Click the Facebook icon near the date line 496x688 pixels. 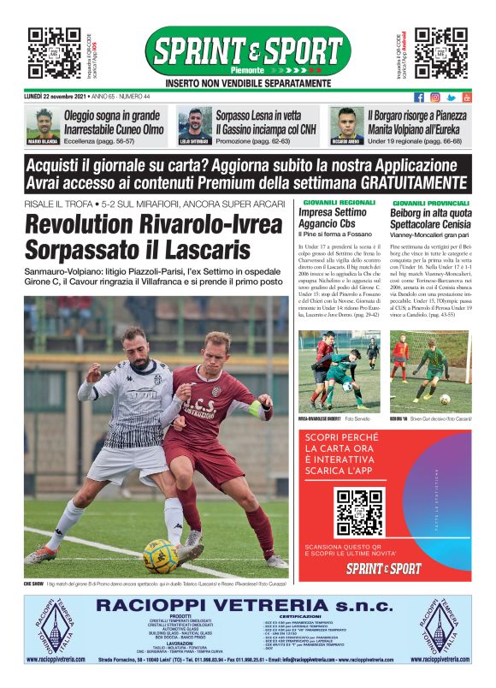point(419,98)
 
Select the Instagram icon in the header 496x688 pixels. point(435,98)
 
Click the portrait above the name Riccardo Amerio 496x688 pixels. point(345,122)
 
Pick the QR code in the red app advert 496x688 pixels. point(359,512)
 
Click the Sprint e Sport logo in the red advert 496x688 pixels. point(384,567)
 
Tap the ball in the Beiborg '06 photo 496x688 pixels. point(445,399)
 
